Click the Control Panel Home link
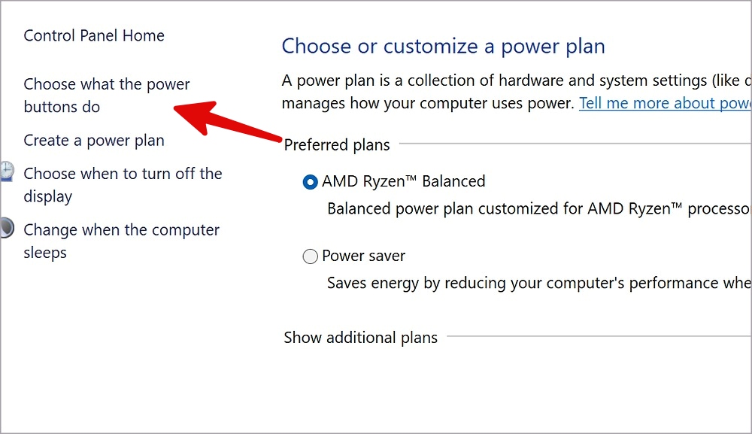click(94, 35)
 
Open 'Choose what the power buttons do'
click(107, 95)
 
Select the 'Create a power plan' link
click(94, 141)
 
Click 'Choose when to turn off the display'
click(123, 184)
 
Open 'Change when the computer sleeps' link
click(121, 241)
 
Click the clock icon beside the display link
click(7, 171)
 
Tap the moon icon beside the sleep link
click(7, 228)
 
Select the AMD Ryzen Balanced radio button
click(311, 182)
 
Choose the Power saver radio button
click(311, 256)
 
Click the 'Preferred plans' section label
click(337, 145)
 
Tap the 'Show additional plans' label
click(361, 338)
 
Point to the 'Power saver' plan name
click(363, 256)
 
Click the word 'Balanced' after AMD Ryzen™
click(453, 181)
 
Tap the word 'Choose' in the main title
click(317, 47)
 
